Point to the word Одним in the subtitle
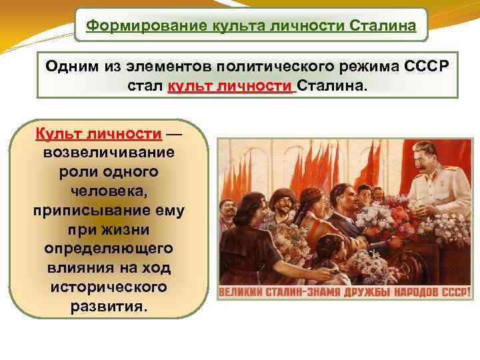click(x=69, y=68)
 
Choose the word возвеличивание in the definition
click(x=108, y=152)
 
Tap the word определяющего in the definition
click(x=108, y=249)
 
